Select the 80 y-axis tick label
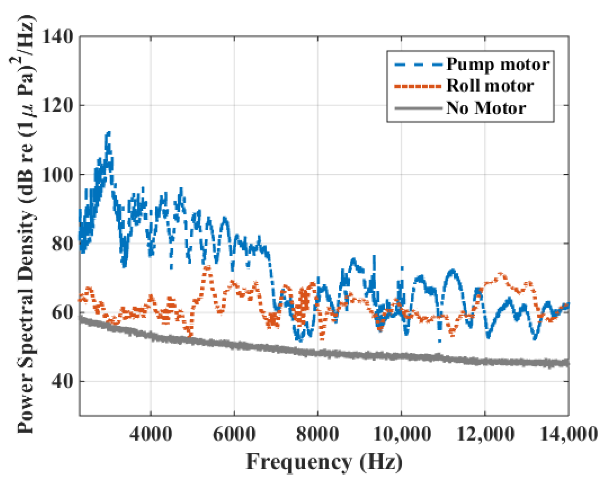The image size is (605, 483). [x=62, y=244]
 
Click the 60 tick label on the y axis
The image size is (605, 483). [x=62, y=312]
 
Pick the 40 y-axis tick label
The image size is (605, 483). [x=62, y=381]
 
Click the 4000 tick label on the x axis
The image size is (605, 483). [x=151, y=434]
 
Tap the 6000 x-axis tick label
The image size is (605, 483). [x=234, y=434]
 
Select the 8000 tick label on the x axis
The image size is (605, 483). [x=318, y=434]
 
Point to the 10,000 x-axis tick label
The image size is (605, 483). [x=402, y=434]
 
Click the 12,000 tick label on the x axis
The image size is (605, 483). [x=485, y=434]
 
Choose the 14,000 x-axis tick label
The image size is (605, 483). [x=568, y=434]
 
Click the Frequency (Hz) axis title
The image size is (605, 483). [x=324, y=462]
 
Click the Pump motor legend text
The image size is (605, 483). [x=498, y=65]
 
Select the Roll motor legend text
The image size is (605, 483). [x=490, y=86]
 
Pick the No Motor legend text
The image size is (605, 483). [x=486, y=108]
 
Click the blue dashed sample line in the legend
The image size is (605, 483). [x=418, y=65]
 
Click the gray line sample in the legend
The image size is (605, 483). [x=418, y=108]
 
